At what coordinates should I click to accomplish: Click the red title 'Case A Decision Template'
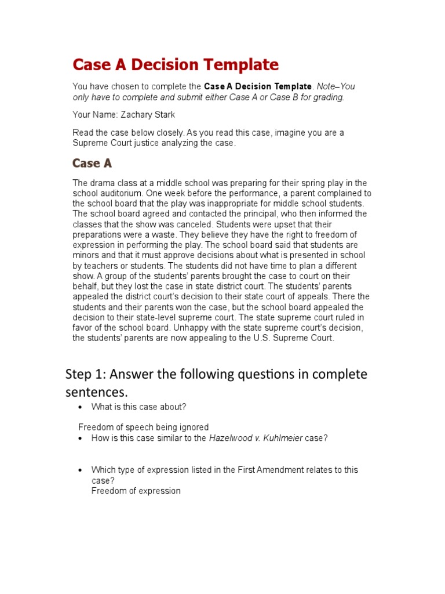pos(176,64)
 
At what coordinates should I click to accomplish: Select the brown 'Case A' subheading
pos(92,163)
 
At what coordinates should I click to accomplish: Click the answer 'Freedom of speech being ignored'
pos(143,428)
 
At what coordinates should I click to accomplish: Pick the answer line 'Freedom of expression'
pos(136,491)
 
